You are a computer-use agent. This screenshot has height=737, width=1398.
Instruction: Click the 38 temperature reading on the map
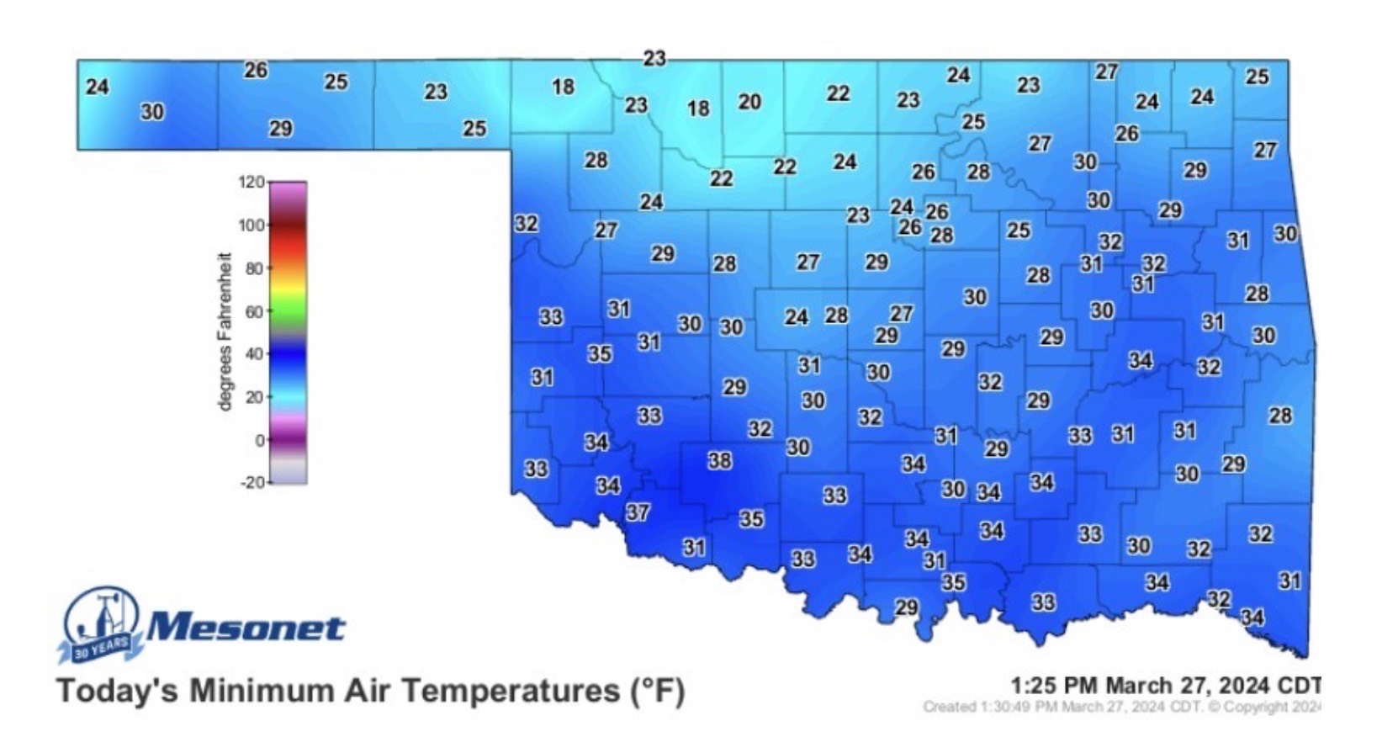click(719, 461)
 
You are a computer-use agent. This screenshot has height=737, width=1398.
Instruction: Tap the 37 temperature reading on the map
click(638, 512)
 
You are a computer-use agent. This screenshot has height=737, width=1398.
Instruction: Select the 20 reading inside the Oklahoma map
click(749, 103)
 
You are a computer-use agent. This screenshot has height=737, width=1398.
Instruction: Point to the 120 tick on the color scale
click(252, 182)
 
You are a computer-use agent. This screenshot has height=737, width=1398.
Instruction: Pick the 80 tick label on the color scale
click(254, 268)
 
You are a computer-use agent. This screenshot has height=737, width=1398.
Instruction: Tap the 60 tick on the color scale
click(254, 311)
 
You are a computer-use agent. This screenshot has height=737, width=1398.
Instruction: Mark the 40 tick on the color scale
click(254, 354)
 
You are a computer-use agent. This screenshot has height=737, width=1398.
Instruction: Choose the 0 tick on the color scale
click(260, 440)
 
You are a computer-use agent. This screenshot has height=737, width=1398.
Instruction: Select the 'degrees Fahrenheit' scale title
click(225, 331)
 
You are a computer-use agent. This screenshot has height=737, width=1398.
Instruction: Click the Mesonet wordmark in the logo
click(246, 628)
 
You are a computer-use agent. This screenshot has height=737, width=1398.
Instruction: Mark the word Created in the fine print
click(949, 707)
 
